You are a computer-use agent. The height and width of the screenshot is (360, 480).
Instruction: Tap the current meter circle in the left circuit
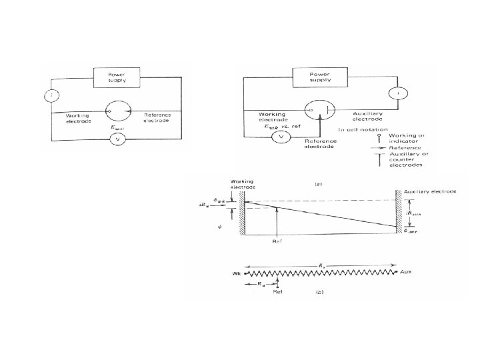click(x=51, y=95)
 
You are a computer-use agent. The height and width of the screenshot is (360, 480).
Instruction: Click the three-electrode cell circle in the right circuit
click(x=319, y=109)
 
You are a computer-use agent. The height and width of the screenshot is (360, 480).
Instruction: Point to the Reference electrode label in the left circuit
click(x=157, y=118)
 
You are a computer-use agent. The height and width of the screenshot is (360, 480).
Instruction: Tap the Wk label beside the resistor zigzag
click(x=237, y=273)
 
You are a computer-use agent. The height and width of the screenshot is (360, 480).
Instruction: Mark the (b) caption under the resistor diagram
click(x=321, y=291)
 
